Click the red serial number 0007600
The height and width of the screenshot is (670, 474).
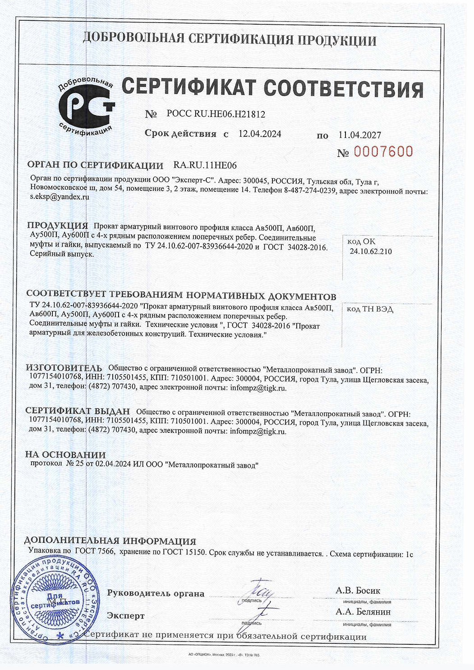tap(383, 152)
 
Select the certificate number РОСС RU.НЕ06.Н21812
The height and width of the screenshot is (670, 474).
tap(216, 115)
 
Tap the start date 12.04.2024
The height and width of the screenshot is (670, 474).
tap(259, 134)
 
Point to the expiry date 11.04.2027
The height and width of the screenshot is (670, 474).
tap(359, 135)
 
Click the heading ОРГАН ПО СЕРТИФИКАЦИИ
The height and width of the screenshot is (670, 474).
tap(95, 165)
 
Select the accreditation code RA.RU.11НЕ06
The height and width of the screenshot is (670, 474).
tap(205, 165)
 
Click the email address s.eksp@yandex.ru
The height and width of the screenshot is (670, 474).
tap(60, 197)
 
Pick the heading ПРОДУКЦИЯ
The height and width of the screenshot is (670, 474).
tap(57, 226)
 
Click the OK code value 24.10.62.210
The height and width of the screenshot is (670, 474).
tap(371, 252)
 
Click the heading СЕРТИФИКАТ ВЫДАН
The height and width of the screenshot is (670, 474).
tap(78, 411)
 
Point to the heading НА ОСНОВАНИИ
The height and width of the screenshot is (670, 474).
tap(65, 455)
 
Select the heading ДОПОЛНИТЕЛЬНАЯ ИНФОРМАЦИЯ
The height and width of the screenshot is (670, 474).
tap(110, 542)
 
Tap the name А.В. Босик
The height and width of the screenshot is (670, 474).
tap(358, 591)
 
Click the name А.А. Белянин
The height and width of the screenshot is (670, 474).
tap(363, 612)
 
